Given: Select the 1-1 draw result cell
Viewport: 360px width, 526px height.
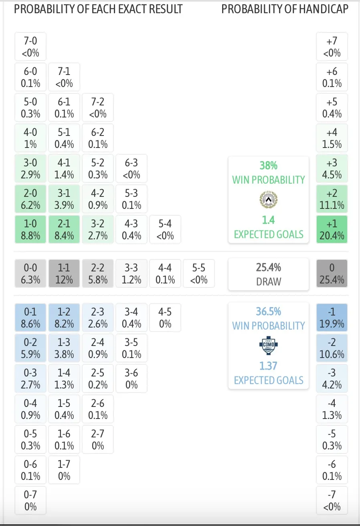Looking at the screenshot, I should tap(64, 273).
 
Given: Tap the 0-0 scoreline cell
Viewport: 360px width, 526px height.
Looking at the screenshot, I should tap(31, 273).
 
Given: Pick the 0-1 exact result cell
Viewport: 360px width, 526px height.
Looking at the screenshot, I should tap(31, 318).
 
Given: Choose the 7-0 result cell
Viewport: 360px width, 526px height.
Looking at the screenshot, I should tap(31, 47).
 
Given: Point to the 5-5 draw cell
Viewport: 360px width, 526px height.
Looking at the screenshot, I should tap(199, 273).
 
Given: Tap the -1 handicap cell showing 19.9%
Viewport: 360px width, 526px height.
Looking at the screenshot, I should tap(332, 318).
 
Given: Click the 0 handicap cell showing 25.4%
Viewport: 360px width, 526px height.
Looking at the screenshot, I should tap(332, 273).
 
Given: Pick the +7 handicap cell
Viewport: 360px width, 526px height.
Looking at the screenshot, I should tap(332, 47).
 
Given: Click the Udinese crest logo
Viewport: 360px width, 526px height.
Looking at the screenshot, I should tap(269, 199).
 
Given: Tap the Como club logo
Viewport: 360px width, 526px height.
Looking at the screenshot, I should tap(269, 345).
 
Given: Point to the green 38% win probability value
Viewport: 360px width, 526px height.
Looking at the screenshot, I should tap(269, 166).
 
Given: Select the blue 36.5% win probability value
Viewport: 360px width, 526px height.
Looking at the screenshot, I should tap(269, 312).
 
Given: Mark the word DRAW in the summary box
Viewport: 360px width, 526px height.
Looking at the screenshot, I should tap(269, 281).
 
